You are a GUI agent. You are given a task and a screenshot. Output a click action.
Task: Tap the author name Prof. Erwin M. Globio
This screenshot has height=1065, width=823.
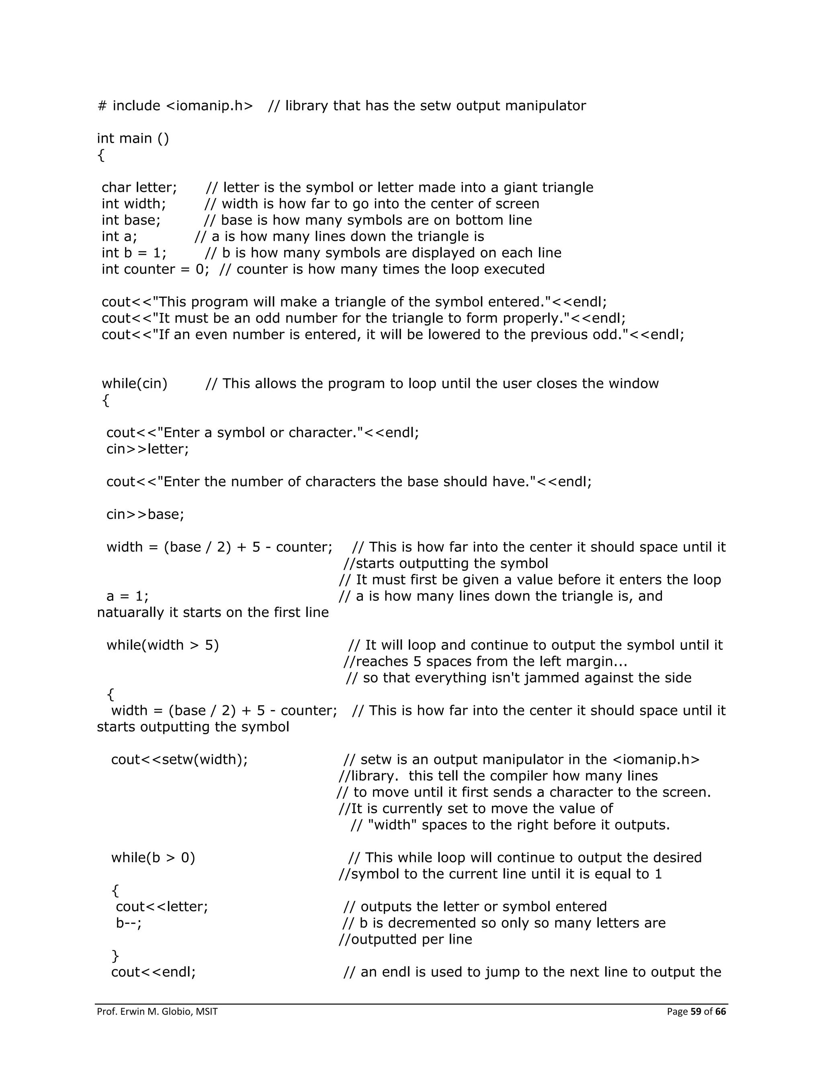point(144,1012)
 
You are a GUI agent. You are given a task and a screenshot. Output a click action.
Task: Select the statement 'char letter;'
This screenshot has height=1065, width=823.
point(139,188)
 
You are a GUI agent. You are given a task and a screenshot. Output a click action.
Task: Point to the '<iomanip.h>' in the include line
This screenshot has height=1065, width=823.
point(210,106)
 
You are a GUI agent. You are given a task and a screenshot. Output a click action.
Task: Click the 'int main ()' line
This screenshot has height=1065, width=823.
point(133,139)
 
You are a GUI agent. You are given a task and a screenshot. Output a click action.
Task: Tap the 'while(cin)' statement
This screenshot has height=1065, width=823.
point(135,384)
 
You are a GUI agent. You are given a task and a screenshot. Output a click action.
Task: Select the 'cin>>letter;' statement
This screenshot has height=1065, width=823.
point(147,449)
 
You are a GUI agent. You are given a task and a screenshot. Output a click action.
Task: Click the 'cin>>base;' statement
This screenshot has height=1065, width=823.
point(145,514)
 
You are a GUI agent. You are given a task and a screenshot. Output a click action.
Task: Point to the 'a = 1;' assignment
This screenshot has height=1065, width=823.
point(127,596)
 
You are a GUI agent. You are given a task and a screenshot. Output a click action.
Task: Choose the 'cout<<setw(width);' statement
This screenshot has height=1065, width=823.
point(179,760)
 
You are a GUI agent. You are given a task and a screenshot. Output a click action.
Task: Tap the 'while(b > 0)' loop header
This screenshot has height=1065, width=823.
point(153,858)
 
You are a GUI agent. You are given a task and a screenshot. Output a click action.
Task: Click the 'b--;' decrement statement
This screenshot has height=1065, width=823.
point(129,923)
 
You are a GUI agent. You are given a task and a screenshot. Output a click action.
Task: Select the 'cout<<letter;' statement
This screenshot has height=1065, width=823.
point(162,907)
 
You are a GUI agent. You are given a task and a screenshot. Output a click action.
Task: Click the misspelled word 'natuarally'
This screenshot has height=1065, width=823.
point(131,612)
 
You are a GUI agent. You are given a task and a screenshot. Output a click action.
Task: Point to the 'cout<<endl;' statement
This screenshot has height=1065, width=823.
point(154,972)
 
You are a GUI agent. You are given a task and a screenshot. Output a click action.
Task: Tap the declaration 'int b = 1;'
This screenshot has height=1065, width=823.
point(134,253)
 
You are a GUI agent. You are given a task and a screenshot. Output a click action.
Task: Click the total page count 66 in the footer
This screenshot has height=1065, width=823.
point(720,1012)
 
